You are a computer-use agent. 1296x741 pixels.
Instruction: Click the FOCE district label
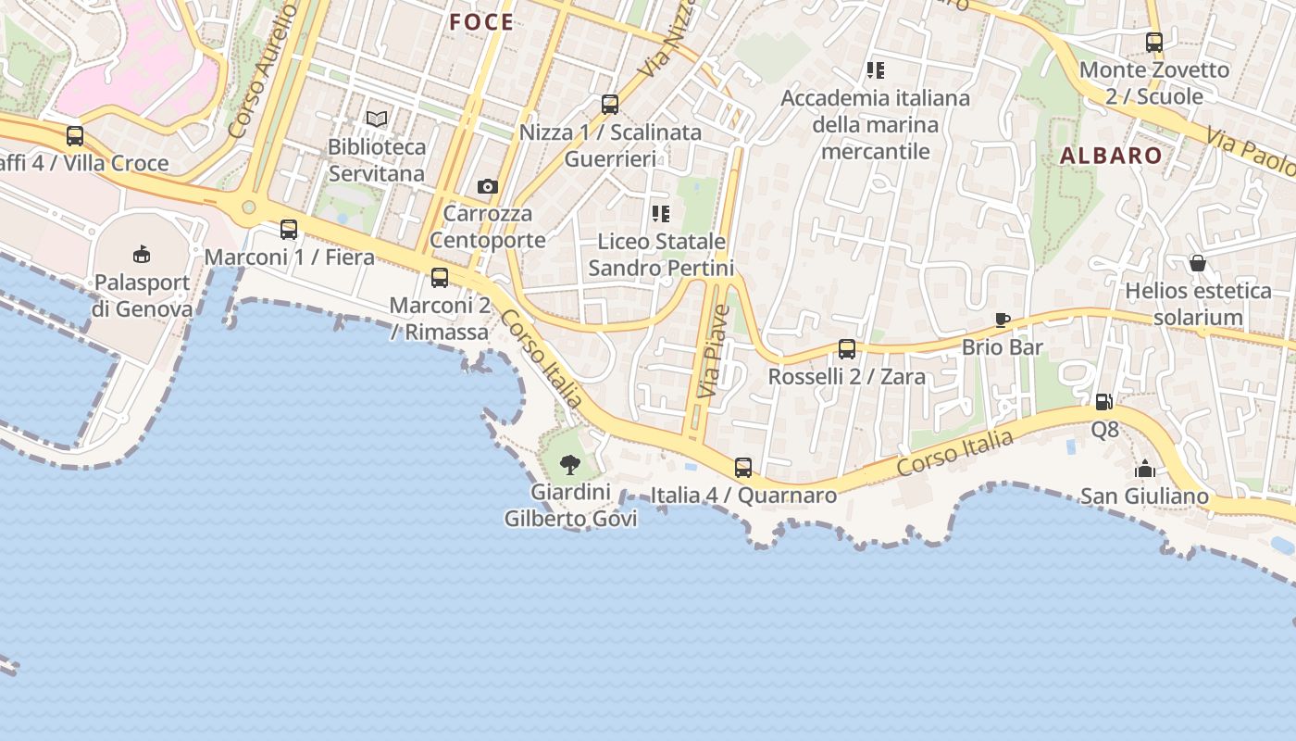coord(481,22)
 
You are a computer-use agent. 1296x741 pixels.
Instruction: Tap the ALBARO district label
coord(1111,156)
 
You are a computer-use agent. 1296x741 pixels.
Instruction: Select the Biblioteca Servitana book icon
coord(377,119)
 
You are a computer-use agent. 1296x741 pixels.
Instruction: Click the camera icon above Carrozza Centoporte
coord(488,186)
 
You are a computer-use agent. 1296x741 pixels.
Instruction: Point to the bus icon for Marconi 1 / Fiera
coord(289,229)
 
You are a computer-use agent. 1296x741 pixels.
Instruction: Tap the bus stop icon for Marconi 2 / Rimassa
coord(440,277)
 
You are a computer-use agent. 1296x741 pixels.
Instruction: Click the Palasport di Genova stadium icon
coord(142,253)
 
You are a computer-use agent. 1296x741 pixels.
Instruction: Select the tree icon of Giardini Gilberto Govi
coord(570,464)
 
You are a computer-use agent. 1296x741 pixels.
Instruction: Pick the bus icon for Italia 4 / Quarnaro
coord(743,467)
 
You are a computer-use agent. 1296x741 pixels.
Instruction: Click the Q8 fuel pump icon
coord(1103,402)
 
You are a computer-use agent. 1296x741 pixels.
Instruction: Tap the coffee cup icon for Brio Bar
coord(1002,320)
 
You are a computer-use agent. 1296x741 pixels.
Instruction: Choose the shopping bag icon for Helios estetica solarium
coord(1198,263)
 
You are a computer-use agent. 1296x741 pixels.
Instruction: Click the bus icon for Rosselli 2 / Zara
coord(847,349)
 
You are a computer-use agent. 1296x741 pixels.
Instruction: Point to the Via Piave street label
coord(714,352)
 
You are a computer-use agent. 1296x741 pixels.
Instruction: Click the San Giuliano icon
coord(1145,469)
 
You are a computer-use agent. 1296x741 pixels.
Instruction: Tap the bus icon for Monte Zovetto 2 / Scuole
coord(1154,42)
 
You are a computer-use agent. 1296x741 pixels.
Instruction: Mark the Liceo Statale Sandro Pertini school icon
coord(661,214)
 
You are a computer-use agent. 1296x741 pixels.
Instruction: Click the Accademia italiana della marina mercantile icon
coord(876,69)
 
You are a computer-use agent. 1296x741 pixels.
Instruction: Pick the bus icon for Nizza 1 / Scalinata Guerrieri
coord(610,104)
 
